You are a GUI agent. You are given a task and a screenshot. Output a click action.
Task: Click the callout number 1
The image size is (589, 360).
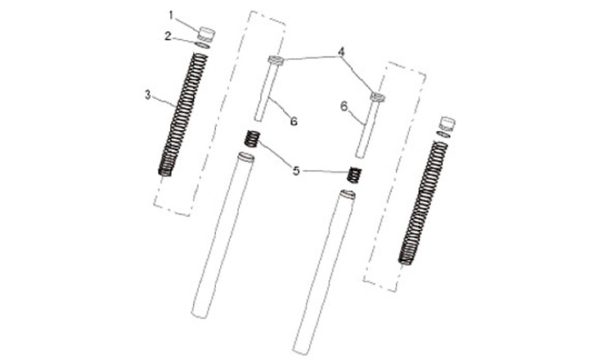(x=171, y=16)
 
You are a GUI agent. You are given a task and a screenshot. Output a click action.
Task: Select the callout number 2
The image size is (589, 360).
(x=168, y=36)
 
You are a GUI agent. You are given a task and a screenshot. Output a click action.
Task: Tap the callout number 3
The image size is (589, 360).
(x=148, y=95)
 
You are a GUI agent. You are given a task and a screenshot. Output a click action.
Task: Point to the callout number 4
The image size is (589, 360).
(x=341, y=52)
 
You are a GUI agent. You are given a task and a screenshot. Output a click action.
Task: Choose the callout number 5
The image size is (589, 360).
(x=296, y=171)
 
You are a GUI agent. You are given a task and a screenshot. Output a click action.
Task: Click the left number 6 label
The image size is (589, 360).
(x=294, y=121)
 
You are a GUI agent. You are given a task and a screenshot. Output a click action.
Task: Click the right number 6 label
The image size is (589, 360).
(x=344, y=106)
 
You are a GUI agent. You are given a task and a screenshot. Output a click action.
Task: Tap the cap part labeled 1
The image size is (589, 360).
(x=206, y=34)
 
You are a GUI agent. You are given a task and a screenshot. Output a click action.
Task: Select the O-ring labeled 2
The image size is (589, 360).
(x=203, y=45)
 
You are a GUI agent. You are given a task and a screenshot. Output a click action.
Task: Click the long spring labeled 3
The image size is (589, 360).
(x=183, y=115)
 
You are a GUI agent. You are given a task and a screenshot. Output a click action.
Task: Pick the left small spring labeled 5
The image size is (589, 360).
(x=253, y=138)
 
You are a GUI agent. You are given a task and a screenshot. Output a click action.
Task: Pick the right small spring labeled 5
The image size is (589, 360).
(x=354, y=175)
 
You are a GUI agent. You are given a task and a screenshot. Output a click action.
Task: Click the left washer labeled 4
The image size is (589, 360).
(x=276, y=60)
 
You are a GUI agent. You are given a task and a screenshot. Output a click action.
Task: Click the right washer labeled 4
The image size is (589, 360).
(x=378, y=97)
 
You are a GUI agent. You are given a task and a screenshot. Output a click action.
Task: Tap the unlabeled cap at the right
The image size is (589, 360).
(x=447, y=124)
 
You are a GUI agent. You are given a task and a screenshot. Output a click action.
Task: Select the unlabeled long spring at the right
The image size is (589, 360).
(x=423, y=203)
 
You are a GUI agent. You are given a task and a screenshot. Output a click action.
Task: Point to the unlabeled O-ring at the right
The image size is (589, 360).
(x=443, y=134)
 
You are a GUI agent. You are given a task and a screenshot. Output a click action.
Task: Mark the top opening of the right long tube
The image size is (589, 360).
(x=347, y=194)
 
